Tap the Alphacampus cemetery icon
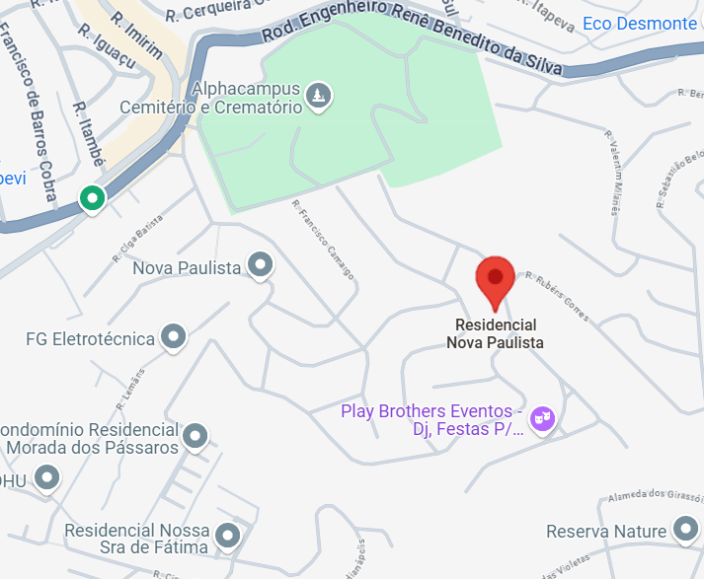point(319,96)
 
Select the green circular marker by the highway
point(93,198)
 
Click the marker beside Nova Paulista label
point(261,265)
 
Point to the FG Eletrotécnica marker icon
point(174,338)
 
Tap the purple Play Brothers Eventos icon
point(541,419)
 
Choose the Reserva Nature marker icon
point(684,532)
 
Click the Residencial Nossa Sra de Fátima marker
point(229,536)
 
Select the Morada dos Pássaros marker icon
point(196,436)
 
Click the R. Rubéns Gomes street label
point(557,296)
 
